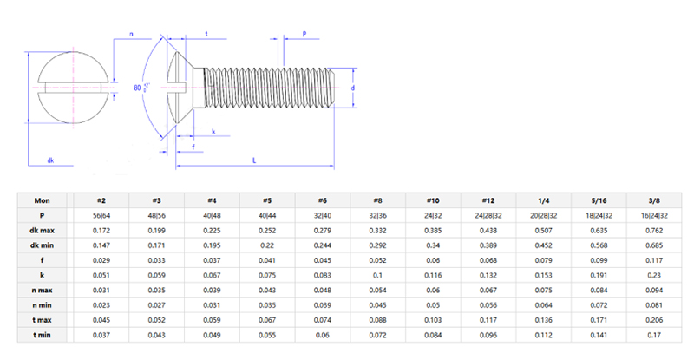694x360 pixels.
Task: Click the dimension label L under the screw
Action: click(254, 160)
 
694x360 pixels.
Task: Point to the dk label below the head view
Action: click(50, 160)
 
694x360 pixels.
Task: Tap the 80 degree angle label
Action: click(139, 88)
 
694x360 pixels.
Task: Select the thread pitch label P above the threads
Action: click(305, 34)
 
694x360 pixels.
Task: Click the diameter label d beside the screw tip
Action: click(353, 88)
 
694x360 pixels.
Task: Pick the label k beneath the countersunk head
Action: click(213, 133)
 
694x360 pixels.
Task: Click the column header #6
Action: click(322, 199)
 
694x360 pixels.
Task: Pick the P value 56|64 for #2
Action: click(101, 214)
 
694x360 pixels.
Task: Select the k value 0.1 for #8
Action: click(378, 274)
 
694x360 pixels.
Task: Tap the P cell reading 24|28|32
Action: click(490, 214)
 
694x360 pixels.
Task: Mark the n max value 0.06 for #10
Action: click(434, 290)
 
